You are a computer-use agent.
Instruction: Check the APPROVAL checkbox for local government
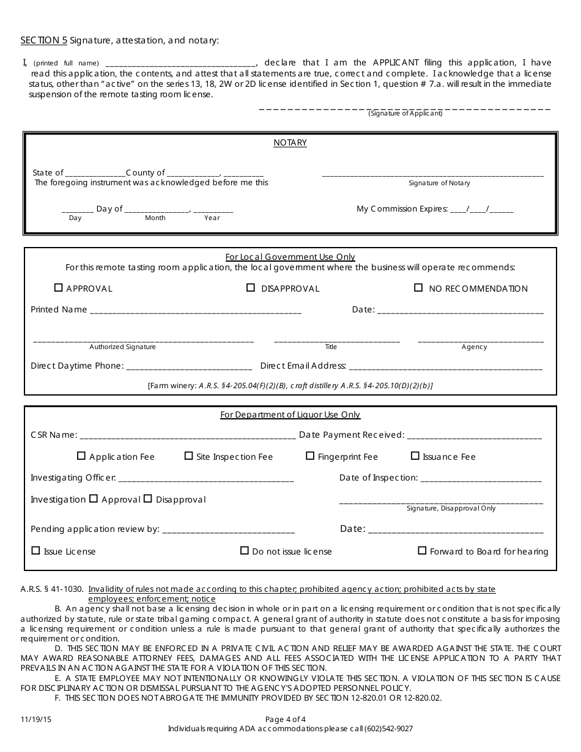pos(59,288)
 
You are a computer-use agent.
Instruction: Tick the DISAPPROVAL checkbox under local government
pos(250,288)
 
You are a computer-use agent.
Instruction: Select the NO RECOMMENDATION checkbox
pos(418,288)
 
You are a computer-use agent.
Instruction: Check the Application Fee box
pos(81,456)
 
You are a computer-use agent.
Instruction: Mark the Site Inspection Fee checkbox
pos(188,456)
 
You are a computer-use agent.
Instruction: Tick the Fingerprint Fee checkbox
pos(310,456)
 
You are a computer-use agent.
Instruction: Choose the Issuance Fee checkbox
pos(415,456)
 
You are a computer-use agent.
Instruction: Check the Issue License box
pos(35,551)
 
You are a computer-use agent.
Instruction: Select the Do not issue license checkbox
pos(244,551)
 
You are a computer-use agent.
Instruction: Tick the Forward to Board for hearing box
pos(422,551)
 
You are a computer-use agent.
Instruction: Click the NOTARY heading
pos(290,143)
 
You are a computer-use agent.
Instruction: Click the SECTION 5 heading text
pos(44,40)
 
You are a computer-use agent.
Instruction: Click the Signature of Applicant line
pos(405,108)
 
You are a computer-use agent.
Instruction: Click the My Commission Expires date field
pos(481,209)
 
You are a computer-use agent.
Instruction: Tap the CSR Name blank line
pos(188,436)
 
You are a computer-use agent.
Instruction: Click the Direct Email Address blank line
pos(445,367)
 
